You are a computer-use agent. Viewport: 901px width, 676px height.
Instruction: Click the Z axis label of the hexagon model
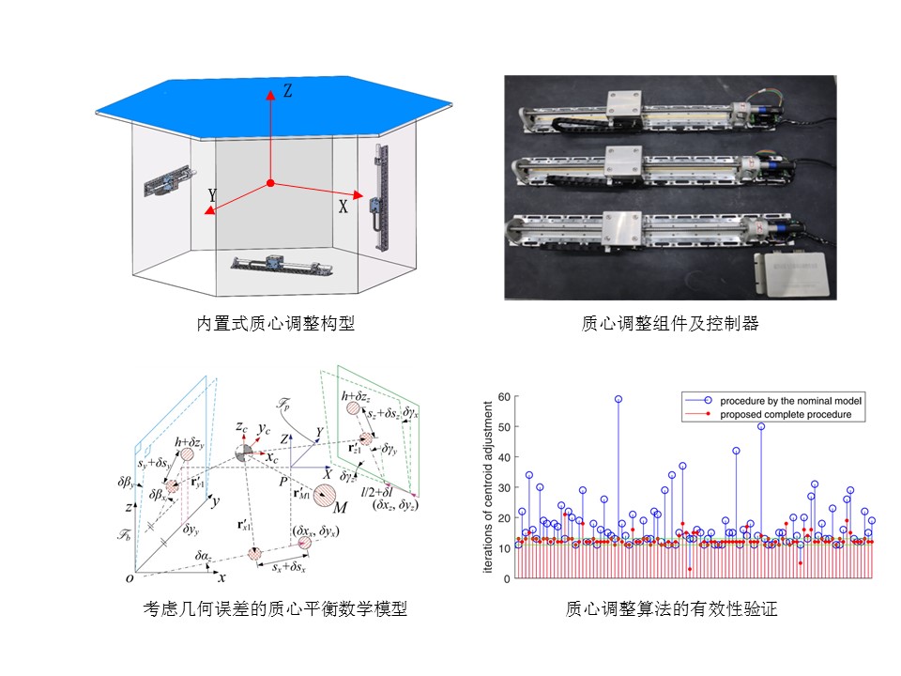click(x=288, y=91)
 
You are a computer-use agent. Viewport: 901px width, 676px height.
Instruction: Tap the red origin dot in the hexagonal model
click(x=269, y=182)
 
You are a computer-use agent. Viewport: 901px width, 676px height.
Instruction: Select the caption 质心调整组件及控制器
click(x=670, y=324)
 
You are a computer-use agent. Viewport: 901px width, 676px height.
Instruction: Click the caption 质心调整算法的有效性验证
click(x=671, y=609)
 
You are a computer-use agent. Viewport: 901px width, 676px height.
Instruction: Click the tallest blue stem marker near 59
click(x=618, y=399)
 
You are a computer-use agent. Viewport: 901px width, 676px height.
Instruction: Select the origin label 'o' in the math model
click(x=130, y=578)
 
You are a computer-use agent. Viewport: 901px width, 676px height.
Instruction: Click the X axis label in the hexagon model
click(x=343, y=207)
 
